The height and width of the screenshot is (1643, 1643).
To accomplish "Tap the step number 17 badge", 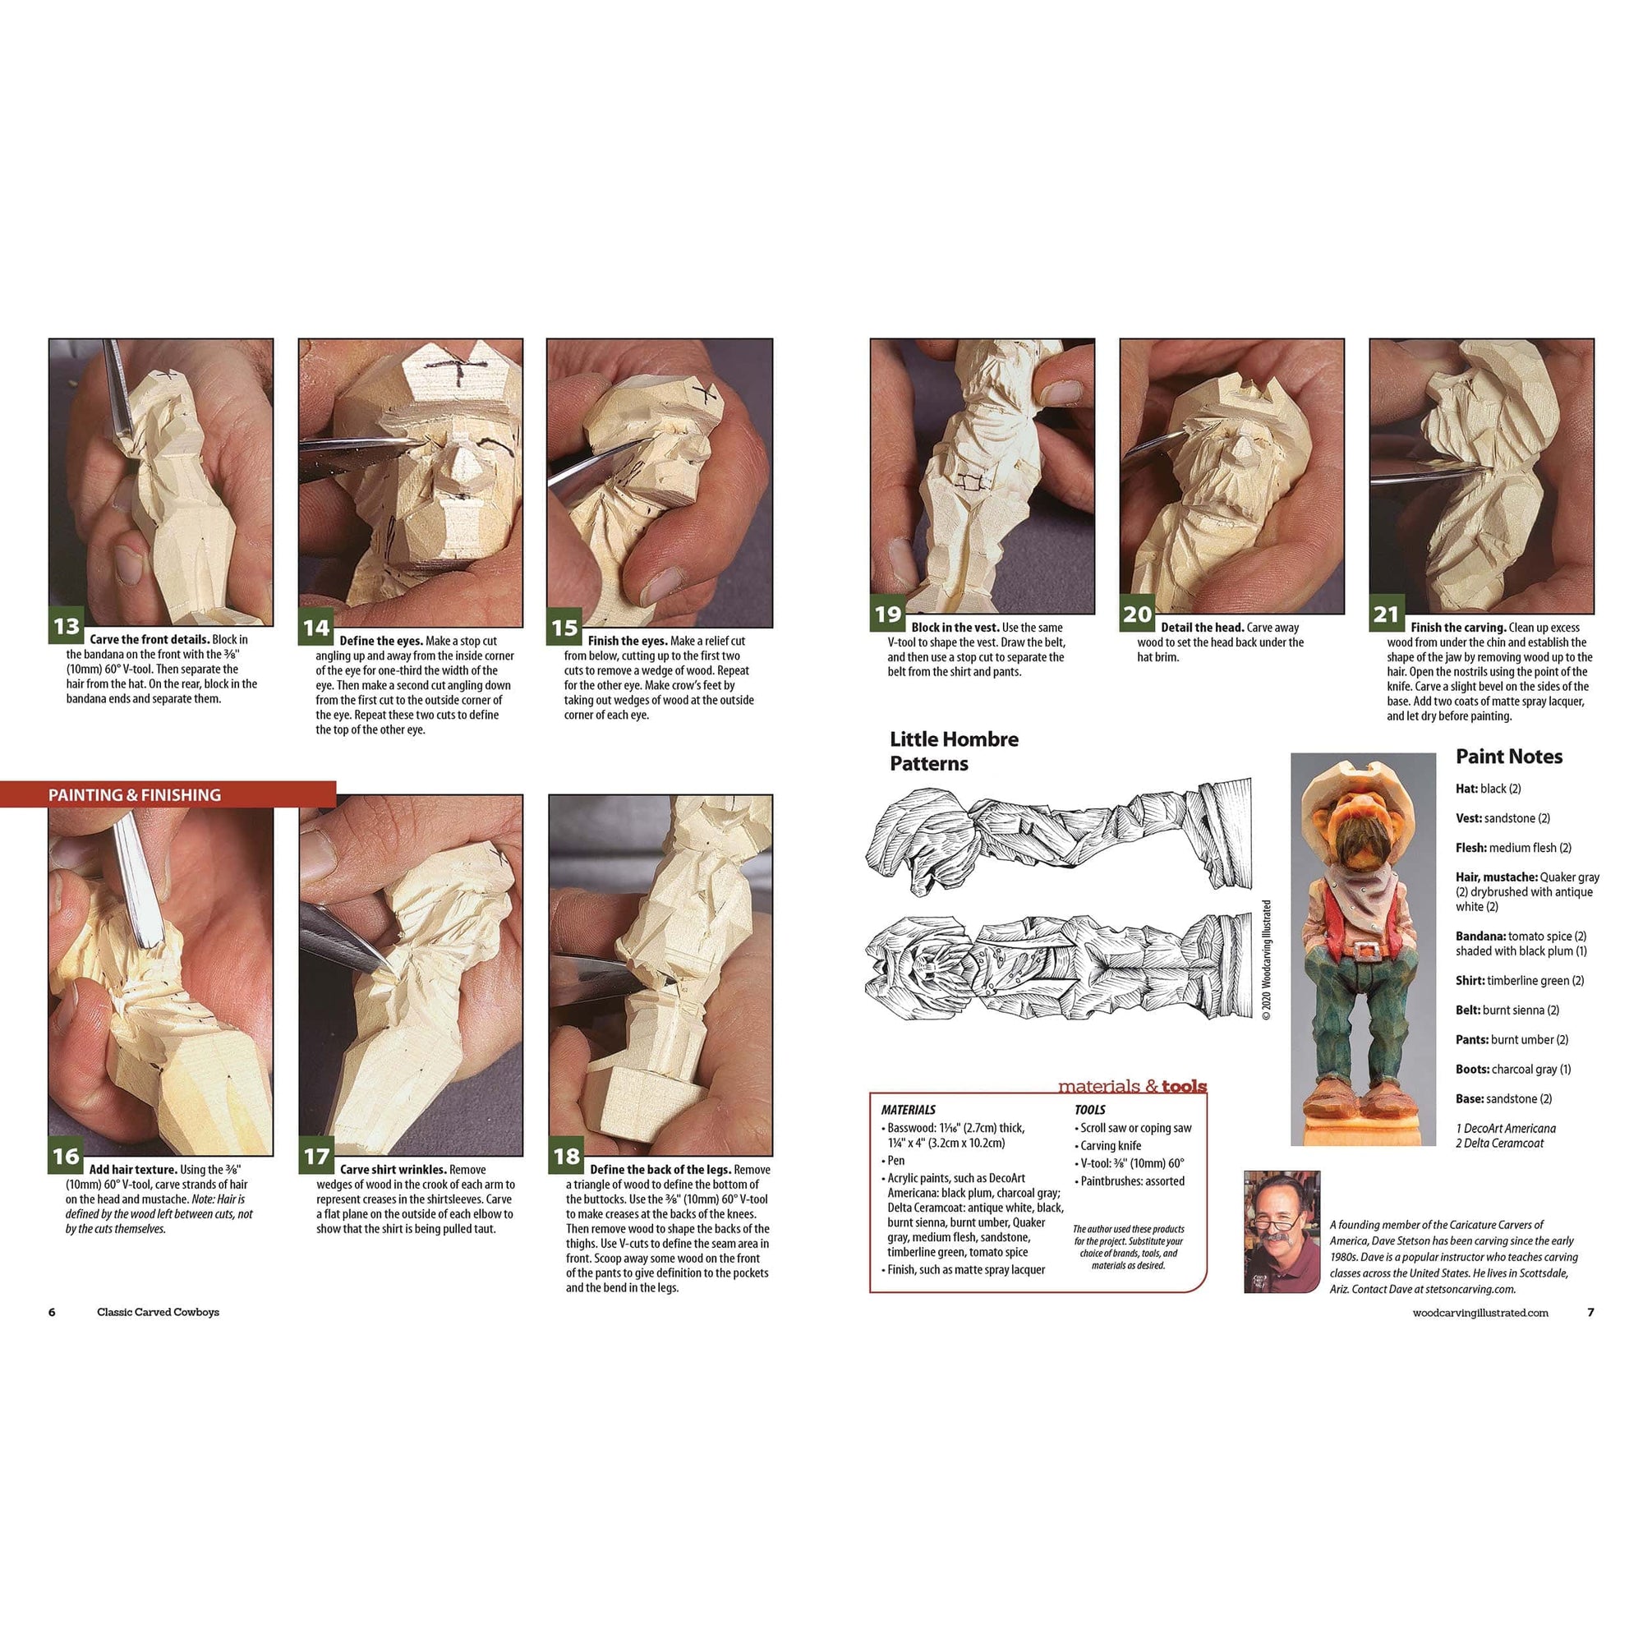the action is click(x=316, y=1157).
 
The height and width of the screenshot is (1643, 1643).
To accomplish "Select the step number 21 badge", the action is click(x=1386, y=614).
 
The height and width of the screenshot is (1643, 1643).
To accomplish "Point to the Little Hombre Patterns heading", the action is click(x=953, y=751).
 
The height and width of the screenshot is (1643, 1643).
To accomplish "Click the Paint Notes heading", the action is click(x=1508, y=756).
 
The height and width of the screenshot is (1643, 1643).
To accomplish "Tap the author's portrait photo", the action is click(x=1282, y=1231).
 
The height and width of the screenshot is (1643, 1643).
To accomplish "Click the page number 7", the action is click(x=1590, y=1312).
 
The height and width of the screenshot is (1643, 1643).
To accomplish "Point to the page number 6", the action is click(x=52, y=1312).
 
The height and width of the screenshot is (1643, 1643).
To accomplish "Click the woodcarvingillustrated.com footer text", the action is click(x=1480, y=1313).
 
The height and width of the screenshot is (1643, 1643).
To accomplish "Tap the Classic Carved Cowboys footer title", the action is click(x=159, y=1312).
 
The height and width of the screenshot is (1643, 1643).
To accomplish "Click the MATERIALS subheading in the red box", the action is click(x=909, y=1110).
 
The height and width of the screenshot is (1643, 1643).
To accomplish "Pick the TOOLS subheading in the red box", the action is click(x=1089, y=1110).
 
